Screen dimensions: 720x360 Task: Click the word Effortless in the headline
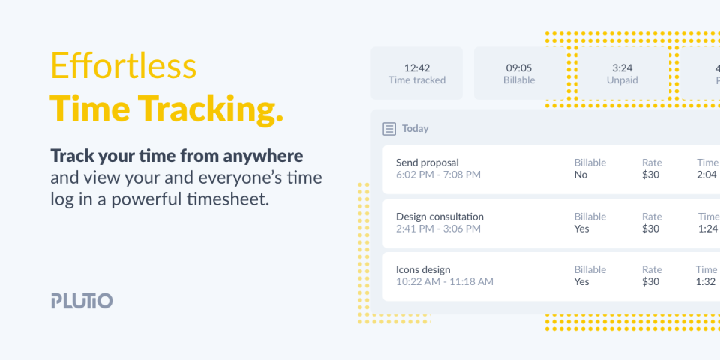pyautogui.click(x=124, y=66)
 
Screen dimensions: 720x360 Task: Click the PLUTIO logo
pyautogui.click(x=82, y=300)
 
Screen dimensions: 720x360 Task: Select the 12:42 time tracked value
pyautogui.click(x=417, y=68)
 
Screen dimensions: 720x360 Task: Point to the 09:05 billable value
pyautogui.click(x=519, y=68)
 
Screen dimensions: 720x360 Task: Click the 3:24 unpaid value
pyautogui.click(x=622, y=68)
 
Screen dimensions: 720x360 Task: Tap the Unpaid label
pyautogui.click(x=622, y=80)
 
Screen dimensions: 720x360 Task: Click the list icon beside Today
pyautogui.click(x=389, y=129)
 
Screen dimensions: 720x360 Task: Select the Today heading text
pyautogui.click(x=415, y=128)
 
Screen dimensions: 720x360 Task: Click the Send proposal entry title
pyautogui.click(x=427, y=163)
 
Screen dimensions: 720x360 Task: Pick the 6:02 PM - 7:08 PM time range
pyautogui.click(x=438, y=175)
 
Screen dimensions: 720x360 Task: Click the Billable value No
pyautogui.click(x=580, y=175)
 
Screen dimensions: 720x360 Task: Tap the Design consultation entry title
pyautogui.click(x=439, y=217)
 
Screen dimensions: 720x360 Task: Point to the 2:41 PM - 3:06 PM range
pyautogui.click(x=438, y=229)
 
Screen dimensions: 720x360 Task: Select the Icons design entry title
pyautogui.click(x=423, y=269)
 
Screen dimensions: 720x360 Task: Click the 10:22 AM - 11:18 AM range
pyautogui.click(x=445, y=281)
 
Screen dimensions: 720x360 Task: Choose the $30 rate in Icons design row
pyautogui.click(x=651, y=281)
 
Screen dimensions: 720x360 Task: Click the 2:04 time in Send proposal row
pyautogui.click(x=706, y=175)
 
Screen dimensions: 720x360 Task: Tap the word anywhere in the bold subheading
pyautogui.click(x=263, y=157)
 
